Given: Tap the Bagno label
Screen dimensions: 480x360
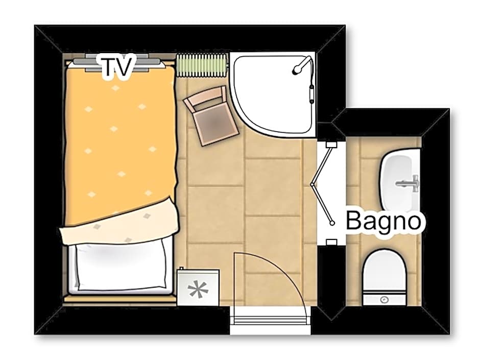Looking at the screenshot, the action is point(383,221).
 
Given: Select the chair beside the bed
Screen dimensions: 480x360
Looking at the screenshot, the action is point(211,116).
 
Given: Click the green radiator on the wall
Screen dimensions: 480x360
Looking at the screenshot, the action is point(202,65).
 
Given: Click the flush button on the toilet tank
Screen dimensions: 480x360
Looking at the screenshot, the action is point(384,300).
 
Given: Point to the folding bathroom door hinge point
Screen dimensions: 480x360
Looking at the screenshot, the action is point(312,184).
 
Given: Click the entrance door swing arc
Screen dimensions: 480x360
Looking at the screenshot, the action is point(288,269).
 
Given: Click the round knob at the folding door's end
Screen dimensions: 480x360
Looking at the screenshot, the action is point(332,223).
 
